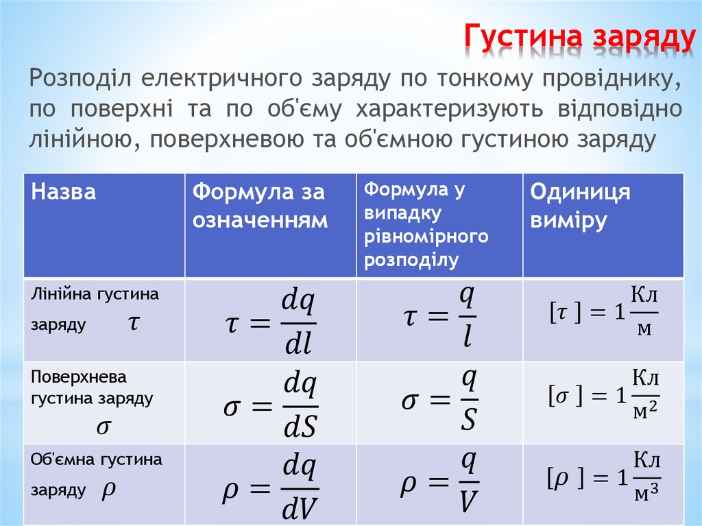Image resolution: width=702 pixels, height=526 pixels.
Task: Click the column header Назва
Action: tap(63, 192)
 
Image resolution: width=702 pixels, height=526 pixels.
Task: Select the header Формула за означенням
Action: tap(260, 206)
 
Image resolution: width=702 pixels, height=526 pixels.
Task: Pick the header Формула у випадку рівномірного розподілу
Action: tap(426, 224)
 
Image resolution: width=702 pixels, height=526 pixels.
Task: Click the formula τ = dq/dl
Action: tap(269, 321)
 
